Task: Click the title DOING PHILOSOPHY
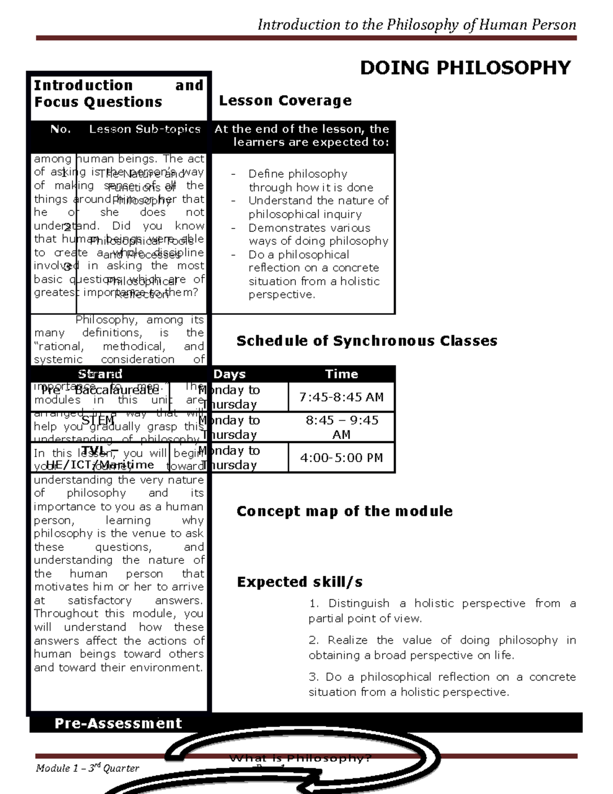[x=465, y=67]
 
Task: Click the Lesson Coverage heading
[x=285, y=101]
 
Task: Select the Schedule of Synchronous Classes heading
[x=366, y=341]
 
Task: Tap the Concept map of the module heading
[x=344, y=511]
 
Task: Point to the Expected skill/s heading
[x=299, y=582]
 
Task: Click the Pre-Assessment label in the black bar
[x=118, y=723]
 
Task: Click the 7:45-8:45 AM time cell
[x=341, y=397]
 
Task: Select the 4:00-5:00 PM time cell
[x=341, y=458]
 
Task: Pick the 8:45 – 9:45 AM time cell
[x=341, y=427]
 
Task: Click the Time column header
[x=341, y=374]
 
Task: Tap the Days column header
[x=229, y=374]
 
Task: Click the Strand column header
[x=100, y=374]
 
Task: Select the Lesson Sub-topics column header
[x=145, y=129]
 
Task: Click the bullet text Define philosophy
[x=298, y=174]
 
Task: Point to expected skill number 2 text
[x=442, y=647]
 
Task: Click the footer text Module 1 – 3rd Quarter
[x=87, y=768]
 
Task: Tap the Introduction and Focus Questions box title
[x=119, y=94]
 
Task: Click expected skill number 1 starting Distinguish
[x=442, y=610]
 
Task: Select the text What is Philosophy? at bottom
[x=300, y=758]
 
